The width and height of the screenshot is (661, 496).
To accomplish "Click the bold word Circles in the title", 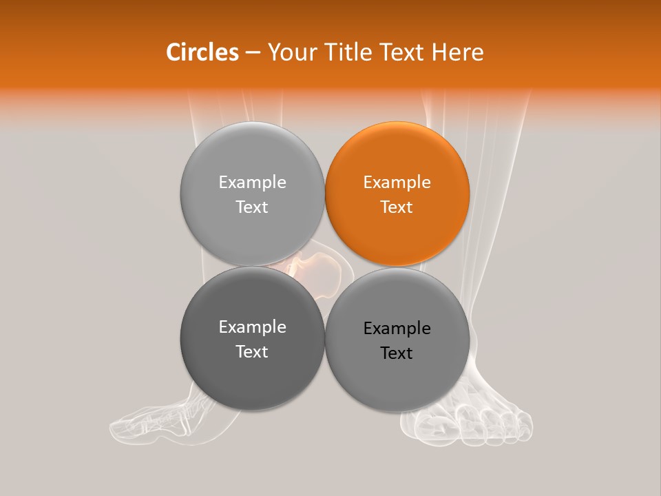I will click(x=202, y=52).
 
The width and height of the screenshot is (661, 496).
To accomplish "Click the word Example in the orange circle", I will click(x=397, y=183).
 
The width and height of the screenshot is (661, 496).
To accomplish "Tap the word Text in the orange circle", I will click(x=397, y=207).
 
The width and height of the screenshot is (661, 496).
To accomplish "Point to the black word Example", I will click(x=397, y=329).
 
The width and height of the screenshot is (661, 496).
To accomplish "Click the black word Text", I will click(x=397, y=353).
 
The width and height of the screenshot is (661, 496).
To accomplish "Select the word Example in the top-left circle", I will click(x=252, y=183).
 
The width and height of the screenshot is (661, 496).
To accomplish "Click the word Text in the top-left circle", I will click(x=252, y=207).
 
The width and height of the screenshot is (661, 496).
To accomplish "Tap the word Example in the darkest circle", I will click(x=252, y=327).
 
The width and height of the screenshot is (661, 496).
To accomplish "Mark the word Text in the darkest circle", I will click(x=252, y=352).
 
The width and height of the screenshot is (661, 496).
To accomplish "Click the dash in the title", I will click(x=253, y=52).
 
